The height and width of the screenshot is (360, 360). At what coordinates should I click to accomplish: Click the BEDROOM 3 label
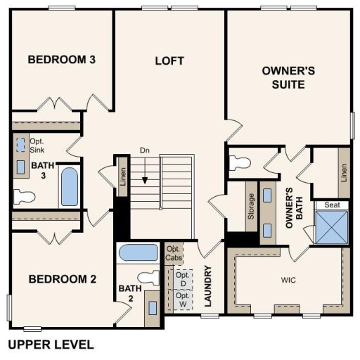tap(61, 59)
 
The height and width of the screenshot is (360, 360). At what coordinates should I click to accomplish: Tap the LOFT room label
tap(169, 60)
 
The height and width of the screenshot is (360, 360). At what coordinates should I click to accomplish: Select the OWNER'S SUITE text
tap(283, 77)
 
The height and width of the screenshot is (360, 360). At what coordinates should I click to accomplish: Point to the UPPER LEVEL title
tap(50, 345)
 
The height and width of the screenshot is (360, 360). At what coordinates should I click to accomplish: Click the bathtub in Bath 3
tap(70, 186)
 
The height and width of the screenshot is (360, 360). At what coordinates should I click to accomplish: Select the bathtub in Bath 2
tap(138, 252)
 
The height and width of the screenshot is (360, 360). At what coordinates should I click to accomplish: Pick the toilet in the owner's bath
tap(241, 162)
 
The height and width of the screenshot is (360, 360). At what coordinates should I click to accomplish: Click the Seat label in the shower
tap(330, 205)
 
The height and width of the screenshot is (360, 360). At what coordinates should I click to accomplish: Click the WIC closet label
tap(288, 280)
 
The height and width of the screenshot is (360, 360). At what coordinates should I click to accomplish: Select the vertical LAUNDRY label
tap(208, 287)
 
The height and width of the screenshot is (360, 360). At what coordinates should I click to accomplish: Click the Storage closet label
tap(250, 207)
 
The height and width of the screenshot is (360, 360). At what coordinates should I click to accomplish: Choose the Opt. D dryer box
tap(182, 278)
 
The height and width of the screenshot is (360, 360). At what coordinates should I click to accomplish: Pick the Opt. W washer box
tap(182, 300)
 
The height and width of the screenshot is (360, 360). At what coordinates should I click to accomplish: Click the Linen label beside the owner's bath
tap(344, 171)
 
